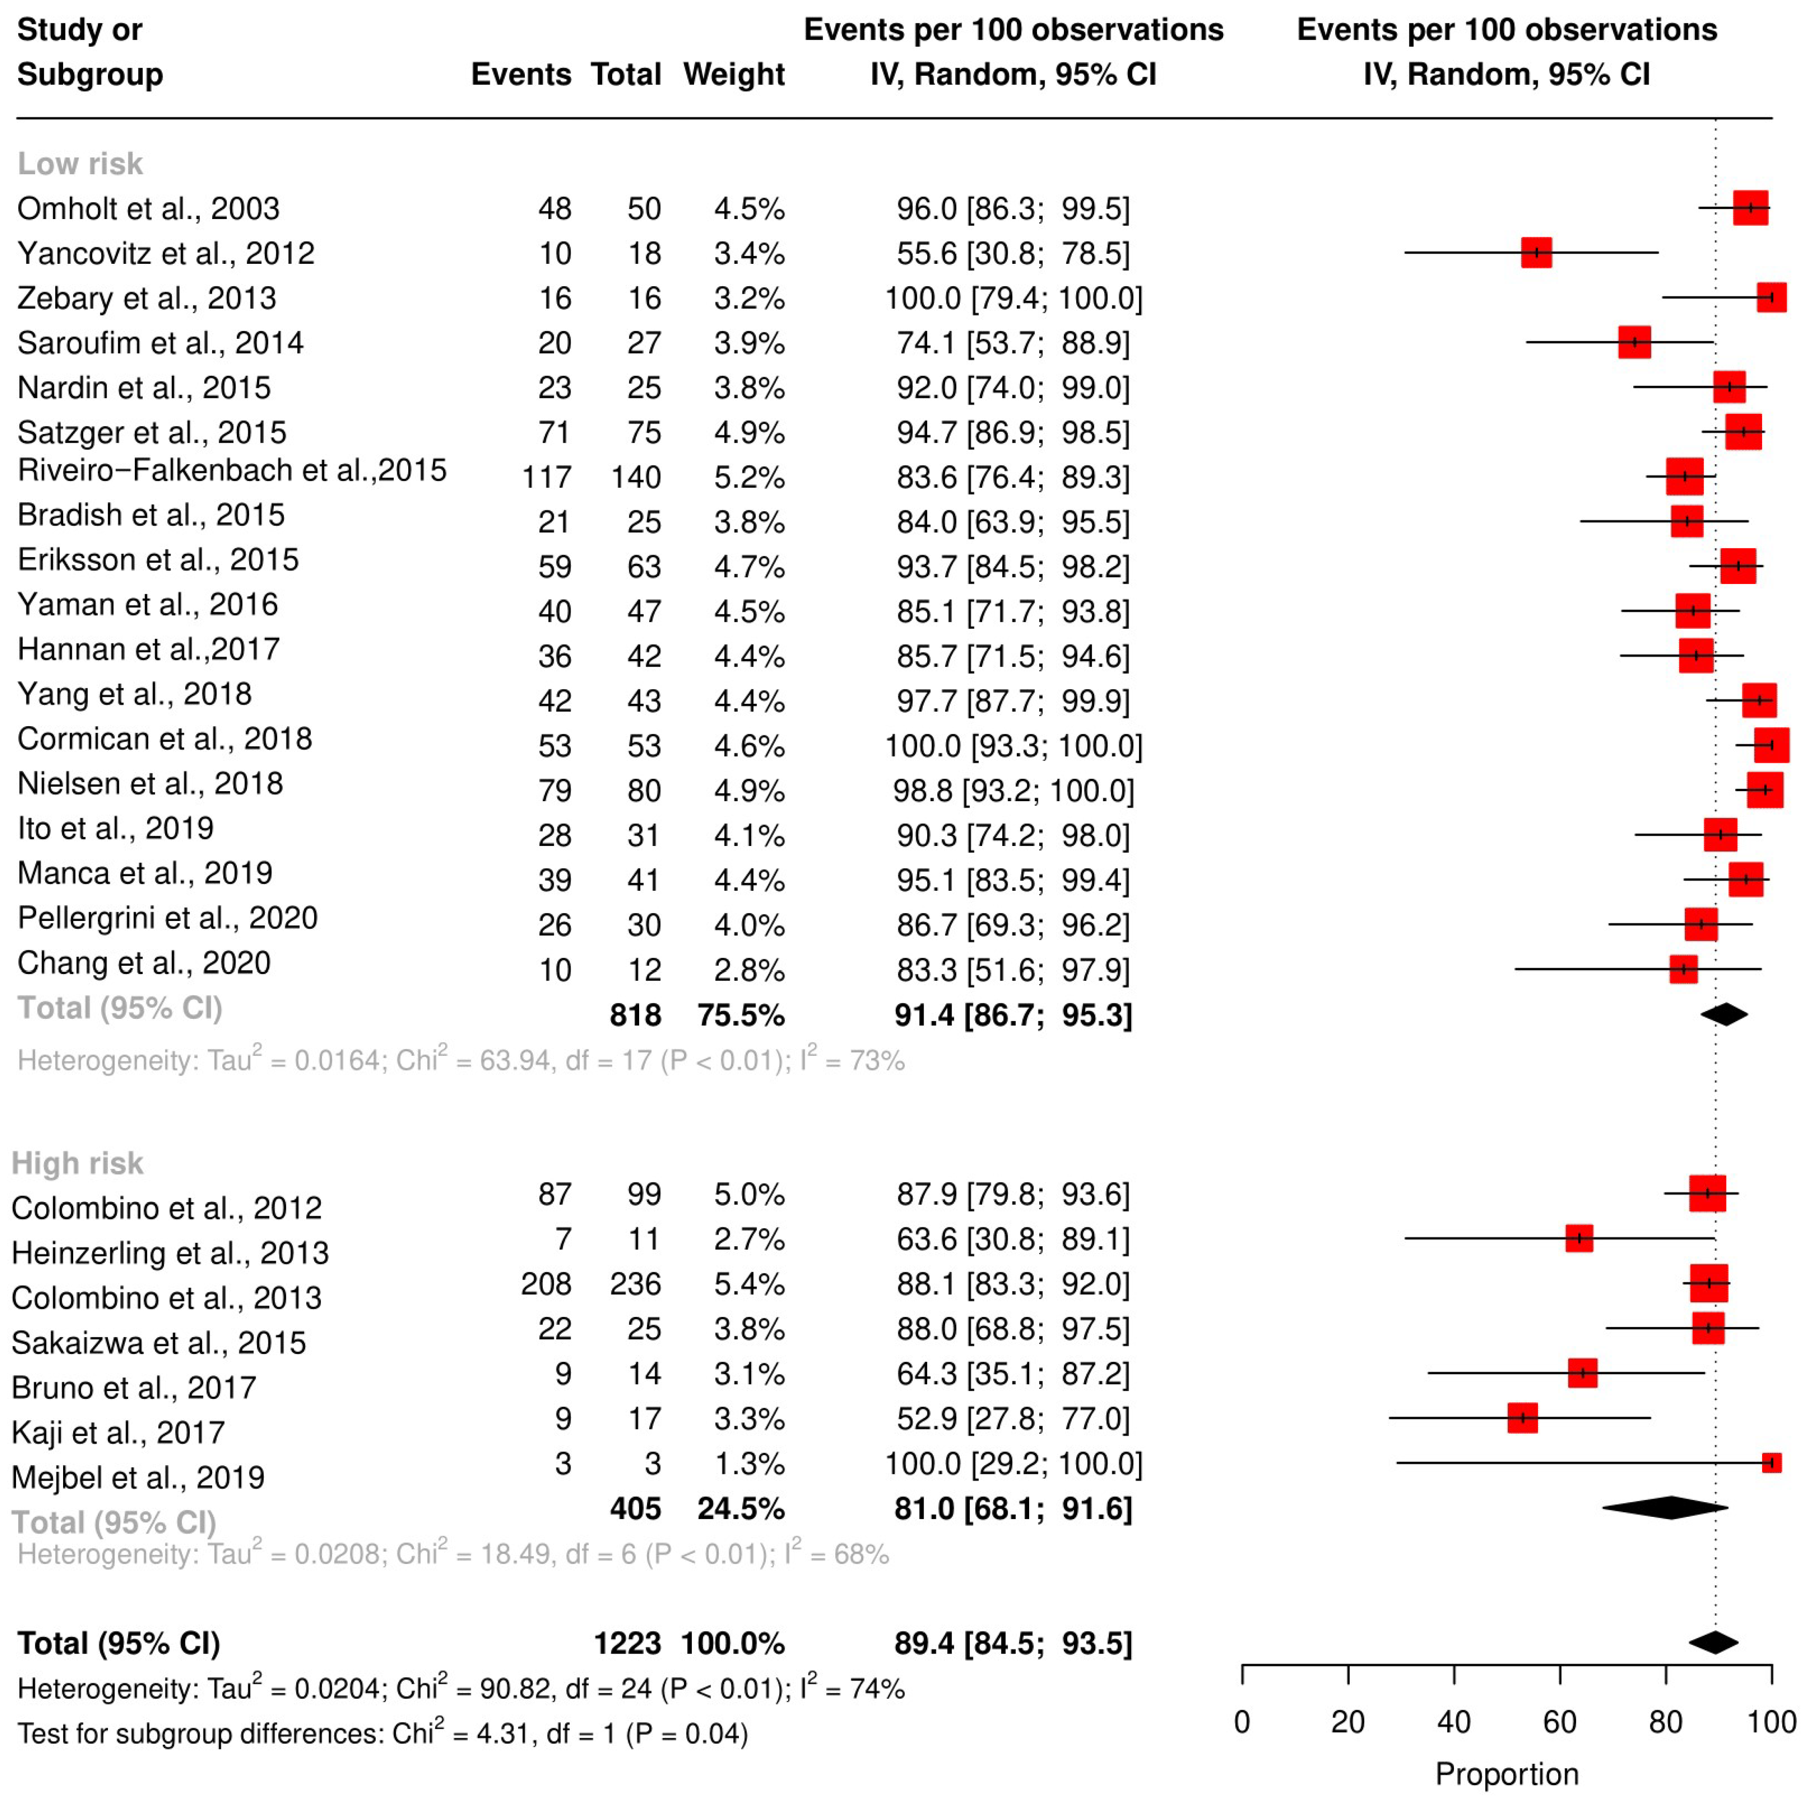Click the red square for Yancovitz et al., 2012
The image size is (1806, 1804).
click(1536, 252)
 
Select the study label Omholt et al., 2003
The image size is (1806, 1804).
click(148, 209)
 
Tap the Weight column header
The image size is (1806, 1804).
click(734, 74)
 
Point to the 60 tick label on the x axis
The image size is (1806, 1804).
click(1559, 1722)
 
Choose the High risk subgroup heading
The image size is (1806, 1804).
click(78, 1163)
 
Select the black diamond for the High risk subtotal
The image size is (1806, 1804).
click(1665, 1508)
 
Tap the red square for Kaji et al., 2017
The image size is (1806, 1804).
click(1522, 1418)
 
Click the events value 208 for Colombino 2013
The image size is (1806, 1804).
click(546, 1283)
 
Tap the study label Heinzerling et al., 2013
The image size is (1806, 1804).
click(170, 1253)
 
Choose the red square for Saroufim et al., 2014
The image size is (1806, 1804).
click(1634, 342)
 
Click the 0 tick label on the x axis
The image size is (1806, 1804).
click(1241, 1722)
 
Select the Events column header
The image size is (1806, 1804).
click(521, 74)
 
